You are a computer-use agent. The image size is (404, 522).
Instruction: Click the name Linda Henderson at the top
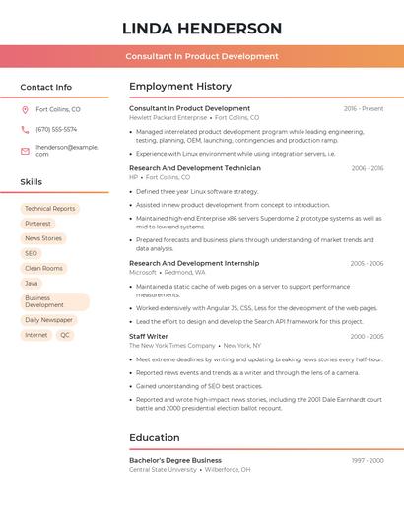pos(202,29)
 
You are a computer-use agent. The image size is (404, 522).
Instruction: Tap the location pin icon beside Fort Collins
pos(25,110)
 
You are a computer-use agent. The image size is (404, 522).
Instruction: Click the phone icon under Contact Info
pos(25,129)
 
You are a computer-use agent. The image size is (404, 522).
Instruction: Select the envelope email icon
pos(25,151)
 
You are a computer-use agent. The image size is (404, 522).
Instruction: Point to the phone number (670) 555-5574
pos(56,129)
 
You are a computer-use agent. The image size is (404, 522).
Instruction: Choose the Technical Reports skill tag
pos(49,209)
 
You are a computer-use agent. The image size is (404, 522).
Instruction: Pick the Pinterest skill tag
pos(37,224)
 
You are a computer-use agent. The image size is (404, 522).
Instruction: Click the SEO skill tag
pos(31,253)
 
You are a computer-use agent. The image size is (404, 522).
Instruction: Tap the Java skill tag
pos(32,283)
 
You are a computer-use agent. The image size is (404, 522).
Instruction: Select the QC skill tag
pos(65,335)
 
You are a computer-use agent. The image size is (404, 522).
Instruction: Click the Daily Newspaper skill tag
pos(48,320)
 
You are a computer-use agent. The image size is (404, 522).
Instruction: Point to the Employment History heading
pos(180,87)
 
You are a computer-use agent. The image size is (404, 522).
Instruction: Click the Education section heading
pos(154,438)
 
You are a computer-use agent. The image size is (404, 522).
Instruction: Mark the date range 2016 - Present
pos(364,109)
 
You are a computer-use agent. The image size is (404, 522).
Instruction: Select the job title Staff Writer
pos(149,337)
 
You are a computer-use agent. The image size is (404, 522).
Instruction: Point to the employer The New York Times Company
pos(171,346)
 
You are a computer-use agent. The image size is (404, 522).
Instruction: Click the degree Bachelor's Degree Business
pos(175,460)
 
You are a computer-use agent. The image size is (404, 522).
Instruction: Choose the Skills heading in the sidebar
pos(32,182)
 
